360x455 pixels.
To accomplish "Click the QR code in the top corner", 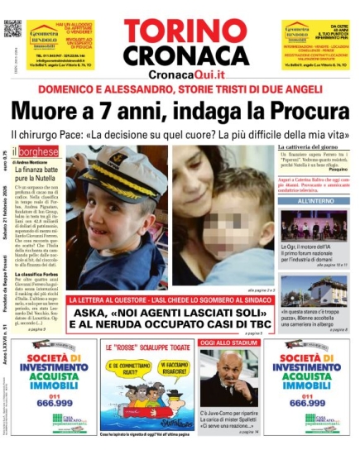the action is (11, 28).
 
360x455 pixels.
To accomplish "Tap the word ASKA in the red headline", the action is (90, 316).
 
